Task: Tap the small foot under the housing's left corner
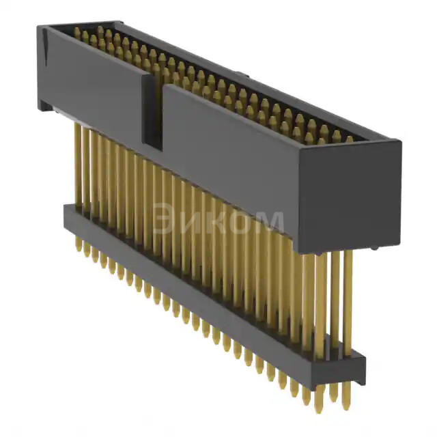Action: [x=45, y=106]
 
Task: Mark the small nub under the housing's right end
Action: [x=372, y=249]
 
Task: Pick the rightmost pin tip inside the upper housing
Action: [x=350, y=139]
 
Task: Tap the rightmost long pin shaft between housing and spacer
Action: [x=348, y=300]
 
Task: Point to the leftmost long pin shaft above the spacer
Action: [x=78, y=164]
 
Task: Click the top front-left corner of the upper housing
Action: [x=40, y=27]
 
